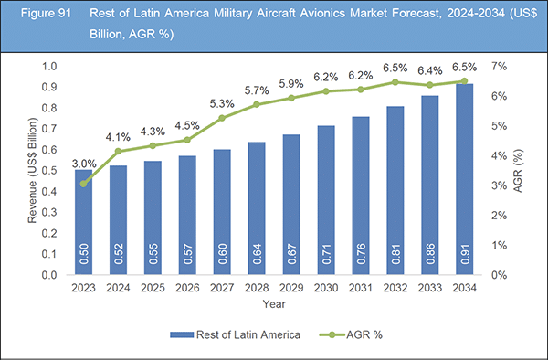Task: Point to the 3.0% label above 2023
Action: coord(83,165)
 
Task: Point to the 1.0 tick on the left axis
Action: coord(48,68)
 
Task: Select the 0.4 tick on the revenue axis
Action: coord(48,192)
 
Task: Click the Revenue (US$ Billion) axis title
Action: coord(33,172)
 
